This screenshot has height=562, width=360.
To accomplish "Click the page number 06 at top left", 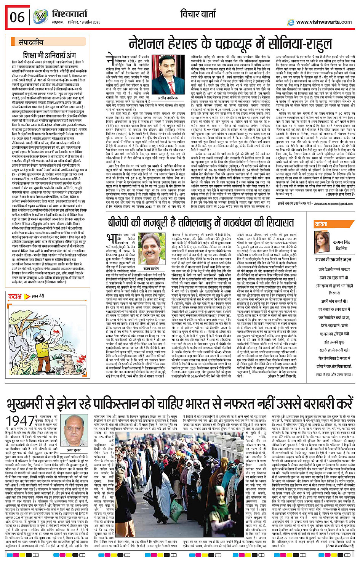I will pos(17,17).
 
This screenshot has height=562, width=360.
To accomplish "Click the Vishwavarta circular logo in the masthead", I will pos(40,17).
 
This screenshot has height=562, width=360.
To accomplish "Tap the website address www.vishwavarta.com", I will pos(324,22).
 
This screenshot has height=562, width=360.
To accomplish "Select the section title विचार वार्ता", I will pos(201,14).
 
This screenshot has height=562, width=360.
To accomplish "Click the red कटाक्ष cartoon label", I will pos(15,296).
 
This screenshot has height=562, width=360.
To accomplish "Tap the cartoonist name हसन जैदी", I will pos(38,296).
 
